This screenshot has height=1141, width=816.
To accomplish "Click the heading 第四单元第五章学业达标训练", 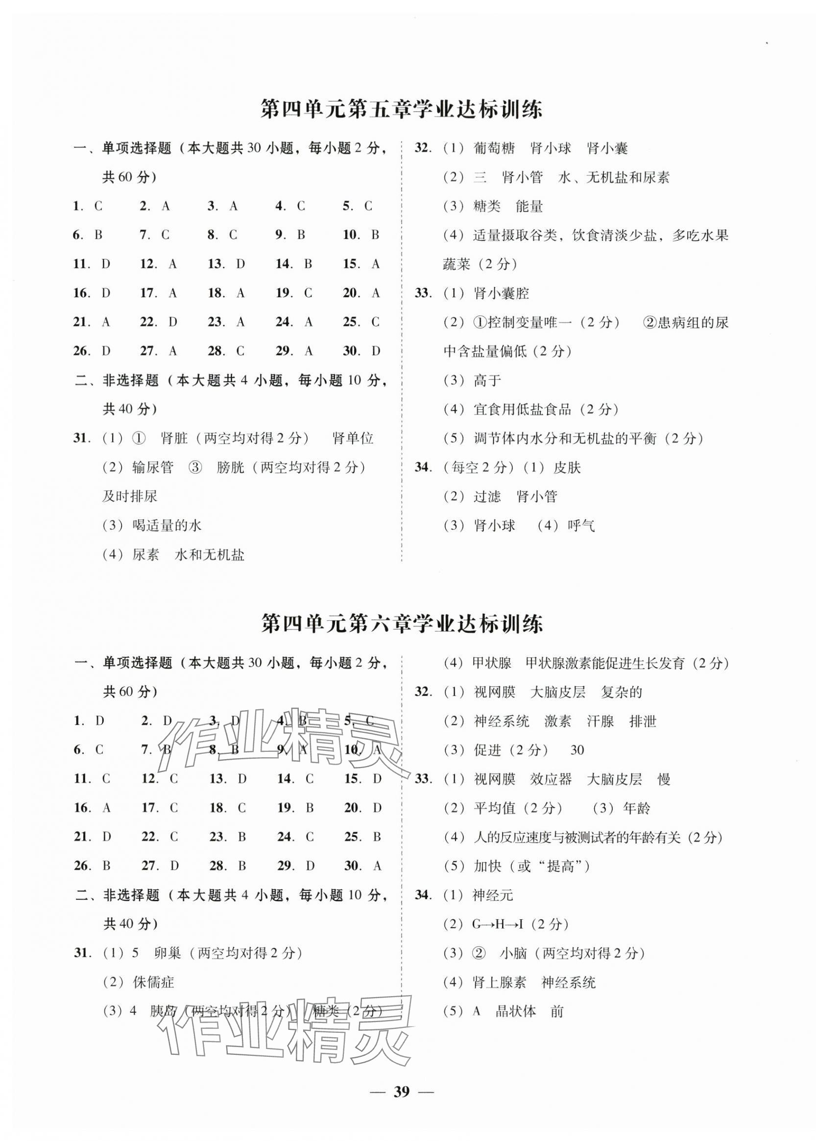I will [402, 110].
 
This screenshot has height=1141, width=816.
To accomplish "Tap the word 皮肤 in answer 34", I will [567, 468].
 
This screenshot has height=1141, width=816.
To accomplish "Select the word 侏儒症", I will [154, 982].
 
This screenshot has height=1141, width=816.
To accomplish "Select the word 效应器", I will [551, 779].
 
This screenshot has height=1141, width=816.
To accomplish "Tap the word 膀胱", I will [231, 467].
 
